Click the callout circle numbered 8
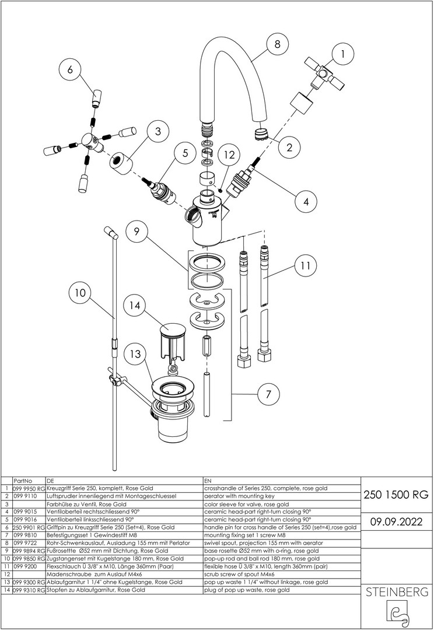[x=276, y=44]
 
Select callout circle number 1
[x=343, y=54]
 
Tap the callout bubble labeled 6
[x=69, y=69]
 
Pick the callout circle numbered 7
[x=268, y=395]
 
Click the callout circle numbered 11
[x=304, y=267]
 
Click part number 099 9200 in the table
[x=23, y=566]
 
